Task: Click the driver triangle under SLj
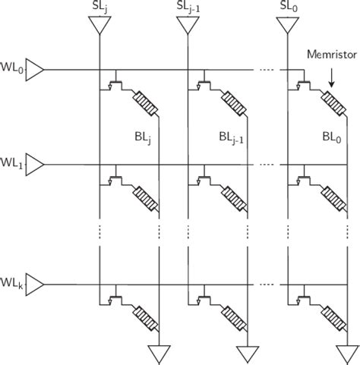click(99, 26)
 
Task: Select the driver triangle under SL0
click(286, 26)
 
